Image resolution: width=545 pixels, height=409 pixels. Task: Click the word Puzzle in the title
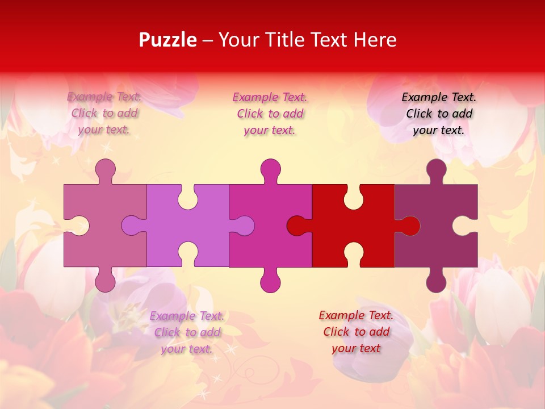167,40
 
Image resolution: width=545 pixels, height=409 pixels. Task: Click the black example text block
439,114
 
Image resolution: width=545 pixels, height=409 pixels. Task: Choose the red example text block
356,332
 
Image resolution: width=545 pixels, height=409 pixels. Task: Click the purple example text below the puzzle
187,332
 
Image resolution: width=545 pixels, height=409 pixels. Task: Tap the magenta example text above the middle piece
270,114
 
